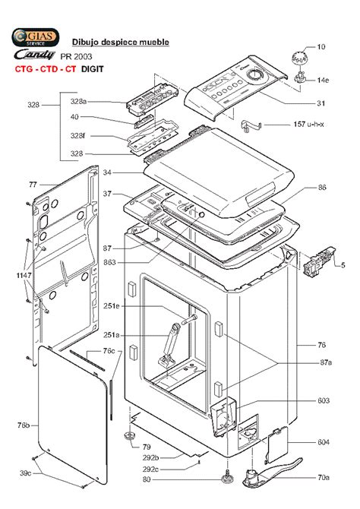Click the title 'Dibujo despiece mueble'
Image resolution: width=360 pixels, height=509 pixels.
click(x=120, y=42)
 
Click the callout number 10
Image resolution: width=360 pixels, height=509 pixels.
click(x=321, y=47)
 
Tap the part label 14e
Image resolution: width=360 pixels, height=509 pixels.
click(x=323, y=79)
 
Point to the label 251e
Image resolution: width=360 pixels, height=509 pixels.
click(x=112, y=306)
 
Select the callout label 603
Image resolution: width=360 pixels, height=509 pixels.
click(x=323, y=400)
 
